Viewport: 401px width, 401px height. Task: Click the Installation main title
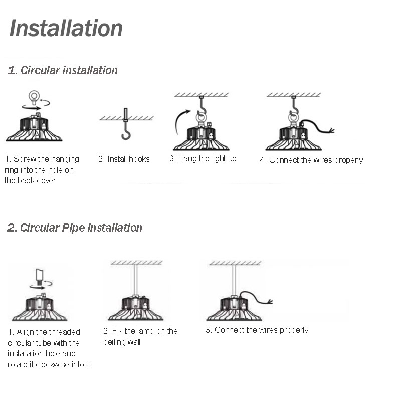(x=66, y=28)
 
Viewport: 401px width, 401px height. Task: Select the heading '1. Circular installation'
(x=63, y=70)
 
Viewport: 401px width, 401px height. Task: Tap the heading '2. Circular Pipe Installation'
(x=75, y=228)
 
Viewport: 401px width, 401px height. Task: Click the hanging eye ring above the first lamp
(x=34, y=96)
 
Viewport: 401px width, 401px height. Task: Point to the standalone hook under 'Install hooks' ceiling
(x=126, y=130)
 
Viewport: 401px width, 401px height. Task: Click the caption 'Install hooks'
(x=124, y=159)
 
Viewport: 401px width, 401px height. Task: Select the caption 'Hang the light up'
(x=203, y=158)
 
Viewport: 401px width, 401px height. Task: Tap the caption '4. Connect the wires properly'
(x=311, y=160)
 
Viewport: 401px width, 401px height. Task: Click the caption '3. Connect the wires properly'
(x=257, y=330)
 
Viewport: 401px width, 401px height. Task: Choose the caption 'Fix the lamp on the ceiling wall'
(x=140, y=336)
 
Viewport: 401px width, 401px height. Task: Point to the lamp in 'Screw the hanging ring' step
(x=34, y=129)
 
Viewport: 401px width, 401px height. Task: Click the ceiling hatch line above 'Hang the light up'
(x=201, y=94)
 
